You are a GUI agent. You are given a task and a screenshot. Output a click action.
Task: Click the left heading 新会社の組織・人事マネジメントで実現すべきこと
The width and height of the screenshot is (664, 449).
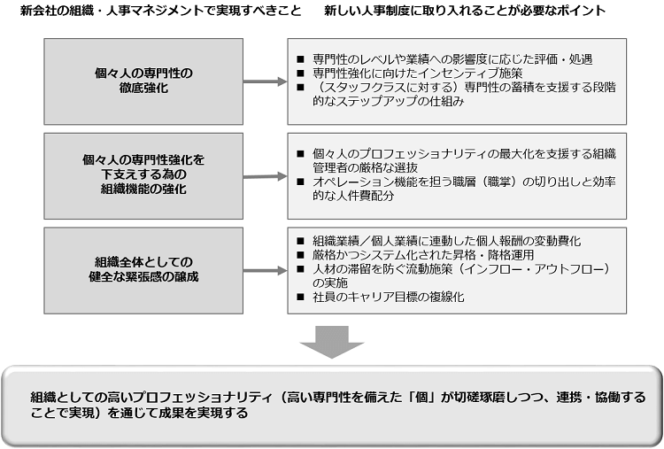coord(160,10)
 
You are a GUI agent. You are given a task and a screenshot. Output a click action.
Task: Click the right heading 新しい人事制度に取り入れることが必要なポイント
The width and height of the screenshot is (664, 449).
coord(465,10)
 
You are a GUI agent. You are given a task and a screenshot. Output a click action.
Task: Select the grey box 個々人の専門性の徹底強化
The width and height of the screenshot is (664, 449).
coord(143,81)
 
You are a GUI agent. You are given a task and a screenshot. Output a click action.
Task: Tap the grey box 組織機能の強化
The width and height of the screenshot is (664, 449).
coord(143,175)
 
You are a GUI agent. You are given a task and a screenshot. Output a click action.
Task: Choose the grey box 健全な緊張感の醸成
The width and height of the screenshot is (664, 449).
coord(143,270)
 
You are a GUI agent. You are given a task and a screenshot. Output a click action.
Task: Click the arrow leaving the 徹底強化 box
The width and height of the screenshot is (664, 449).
coord(265,81)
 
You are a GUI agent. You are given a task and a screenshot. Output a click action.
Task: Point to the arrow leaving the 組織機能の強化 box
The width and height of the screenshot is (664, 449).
coord(265,176)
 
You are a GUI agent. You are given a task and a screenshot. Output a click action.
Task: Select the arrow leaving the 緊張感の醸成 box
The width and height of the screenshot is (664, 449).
coord(265,271)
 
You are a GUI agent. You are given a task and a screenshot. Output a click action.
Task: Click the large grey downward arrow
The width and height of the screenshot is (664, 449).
coord(332,342)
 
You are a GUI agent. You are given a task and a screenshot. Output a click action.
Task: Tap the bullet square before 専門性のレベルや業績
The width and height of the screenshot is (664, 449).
coord(301,59)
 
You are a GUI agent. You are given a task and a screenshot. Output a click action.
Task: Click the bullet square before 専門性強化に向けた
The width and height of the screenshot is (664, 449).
coord(301,74)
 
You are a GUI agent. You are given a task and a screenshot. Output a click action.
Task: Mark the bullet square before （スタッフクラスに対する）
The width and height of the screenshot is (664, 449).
coord(301,88)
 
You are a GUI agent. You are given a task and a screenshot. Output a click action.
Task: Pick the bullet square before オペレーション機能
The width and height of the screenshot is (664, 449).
coord(301,182)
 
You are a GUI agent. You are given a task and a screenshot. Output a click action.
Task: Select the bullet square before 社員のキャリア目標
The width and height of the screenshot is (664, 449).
coord(301,297)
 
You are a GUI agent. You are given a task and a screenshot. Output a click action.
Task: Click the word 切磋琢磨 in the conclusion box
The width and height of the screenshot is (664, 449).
coord(483,398)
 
